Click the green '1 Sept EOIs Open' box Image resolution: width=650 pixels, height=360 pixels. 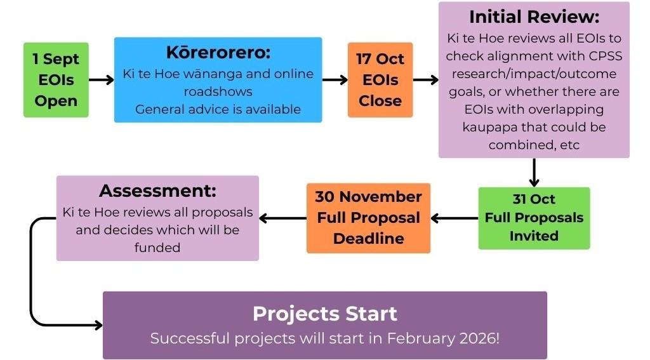[56, 79]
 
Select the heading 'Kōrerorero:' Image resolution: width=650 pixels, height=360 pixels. [218, 53]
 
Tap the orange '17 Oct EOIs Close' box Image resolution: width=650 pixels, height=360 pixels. [380, 79]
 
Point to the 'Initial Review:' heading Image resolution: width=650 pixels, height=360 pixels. [534, 17]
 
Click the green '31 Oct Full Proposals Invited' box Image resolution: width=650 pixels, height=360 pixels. [534, 218]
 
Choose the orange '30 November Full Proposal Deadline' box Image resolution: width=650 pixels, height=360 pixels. [369, 218]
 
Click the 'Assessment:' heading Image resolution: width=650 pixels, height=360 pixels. [157, 190]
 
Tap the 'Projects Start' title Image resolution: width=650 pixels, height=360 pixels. [325, 314]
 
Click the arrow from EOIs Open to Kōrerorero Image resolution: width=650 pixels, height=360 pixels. [102, 79]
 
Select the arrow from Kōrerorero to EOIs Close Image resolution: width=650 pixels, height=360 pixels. [335, 79]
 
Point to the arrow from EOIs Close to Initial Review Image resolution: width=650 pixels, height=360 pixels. [426, 79]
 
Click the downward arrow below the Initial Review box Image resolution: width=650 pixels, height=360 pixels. [534, 173]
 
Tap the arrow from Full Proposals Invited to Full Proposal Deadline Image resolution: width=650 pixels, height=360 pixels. [454, 218]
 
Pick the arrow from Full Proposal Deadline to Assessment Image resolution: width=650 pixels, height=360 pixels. [282, 218]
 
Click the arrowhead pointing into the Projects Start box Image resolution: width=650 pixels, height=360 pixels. [98, 325]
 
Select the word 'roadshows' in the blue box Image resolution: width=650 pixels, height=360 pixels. [218, 91]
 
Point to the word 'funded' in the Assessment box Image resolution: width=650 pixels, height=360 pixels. [157, 248]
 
